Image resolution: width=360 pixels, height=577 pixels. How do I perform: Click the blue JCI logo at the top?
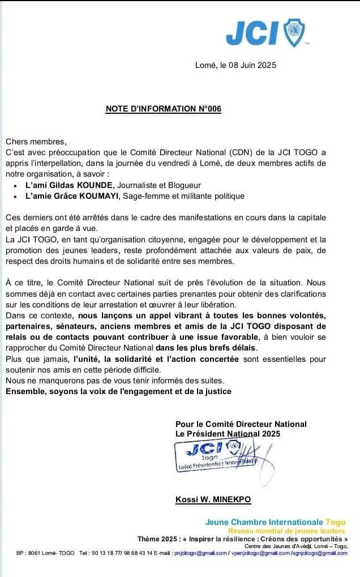pos(267,32)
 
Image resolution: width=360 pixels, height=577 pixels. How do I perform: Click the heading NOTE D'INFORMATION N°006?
pos(164,109)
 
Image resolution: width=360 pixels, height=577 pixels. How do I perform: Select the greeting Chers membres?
pos(36,142)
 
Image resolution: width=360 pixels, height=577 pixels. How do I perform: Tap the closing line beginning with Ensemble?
pos(118,391)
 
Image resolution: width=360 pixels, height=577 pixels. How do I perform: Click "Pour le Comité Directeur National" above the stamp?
pos(241,424)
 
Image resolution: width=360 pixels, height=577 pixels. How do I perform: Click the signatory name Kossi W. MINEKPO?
pos(213,499)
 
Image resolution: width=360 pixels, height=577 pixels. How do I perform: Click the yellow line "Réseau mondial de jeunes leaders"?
pos(286,531)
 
